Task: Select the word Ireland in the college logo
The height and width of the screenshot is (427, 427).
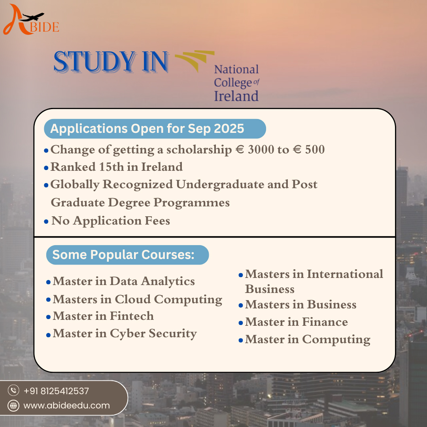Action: (x=236, y=96)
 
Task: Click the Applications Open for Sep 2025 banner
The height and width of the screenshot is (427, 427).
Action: (x=154, y=129)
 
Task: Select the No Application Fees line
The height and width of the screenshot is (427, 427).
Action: (x=111, y=221)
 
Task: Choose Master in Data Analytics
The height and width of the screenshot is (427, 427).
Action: (x=124, y=281)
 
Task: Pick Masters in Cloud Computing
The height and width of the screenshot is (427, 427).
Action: (x=137, y=299)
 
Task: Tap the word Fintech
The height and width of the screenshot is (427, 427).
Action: (x=132, y=316)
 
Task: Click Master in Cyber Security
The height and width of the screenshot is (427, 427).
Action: (x=125, y=334)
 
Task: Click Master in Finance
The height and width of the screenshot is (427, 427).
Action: (x=296, y=322)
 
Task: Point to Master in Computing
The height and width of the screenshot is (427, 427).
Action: (x=308, y=339)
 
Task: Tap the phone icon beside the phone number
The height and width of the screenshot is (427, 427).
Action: (x=14, y=391)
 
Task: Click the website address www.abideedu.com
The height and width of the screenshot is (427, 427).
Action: (x=66, y=405)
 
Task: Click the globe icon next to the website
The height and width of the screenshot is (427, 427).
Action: (x=14, y=405)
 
